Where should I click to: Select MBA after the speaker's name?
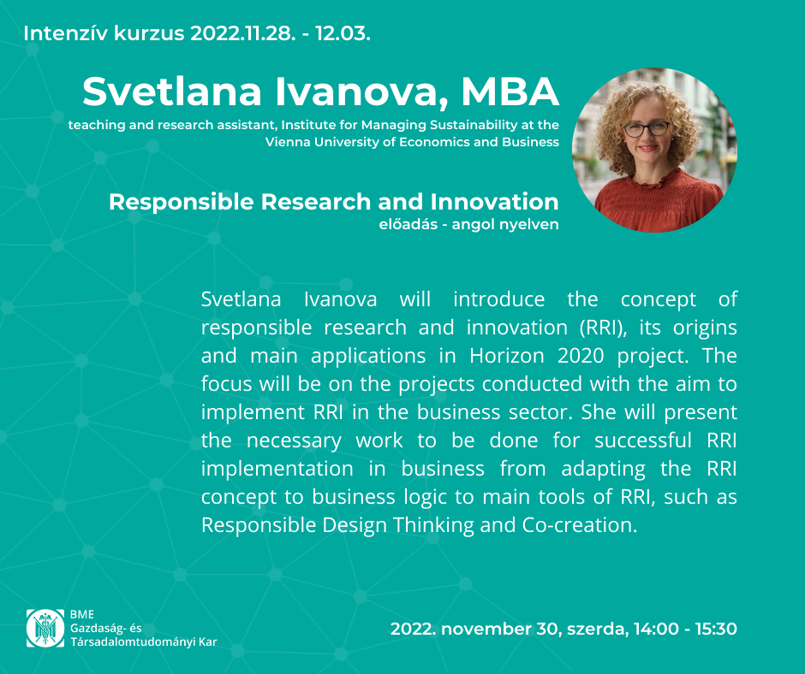point(510,92)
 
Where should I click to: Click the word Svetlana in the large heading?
point(172,92)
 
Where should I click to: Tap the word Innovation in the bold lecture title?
point(494,202)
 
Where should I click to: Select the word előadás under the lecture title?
point(408,224)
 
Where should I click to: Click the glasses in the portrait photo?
point(646,129)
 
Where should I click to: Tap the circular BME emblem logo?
point(45,628)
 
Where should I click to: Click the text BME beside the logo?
point(82,614)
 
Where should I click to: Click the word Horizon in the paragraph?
point(507,356)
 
